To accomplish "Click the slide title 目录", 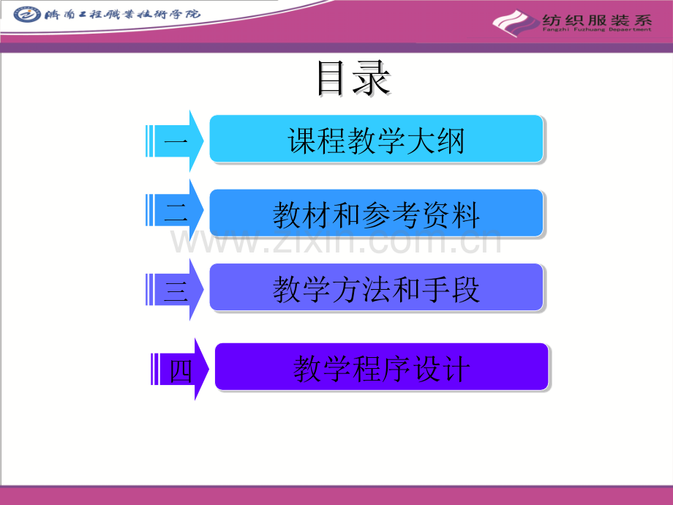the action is (x=353, y=78).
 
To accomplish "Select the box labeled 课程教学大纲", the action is (x=377, y=139).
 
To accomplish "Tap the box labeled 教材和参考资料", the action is (x=377, y=213).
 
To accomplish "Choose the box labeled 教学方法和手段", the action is (x=377, y=288).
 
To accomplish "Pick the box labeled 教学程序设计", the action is (x=382, y=367).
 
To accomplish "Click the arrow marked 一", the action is (x=175, y=141).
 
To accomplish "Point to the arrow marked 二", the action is (x=175, y=210).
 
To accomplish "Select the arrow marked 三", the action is (x=175, y=289).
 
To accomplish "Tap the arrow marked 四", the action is (x=180, y=370).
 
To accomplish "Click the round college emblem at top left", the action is (x=26, y=15).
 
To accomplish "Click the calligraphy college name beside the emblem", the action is (x=122, y=15).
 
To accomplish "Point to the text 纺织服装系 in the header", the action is (x=597, y=20).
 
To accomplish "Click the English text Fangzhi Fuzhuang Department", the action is (x=597, y=29).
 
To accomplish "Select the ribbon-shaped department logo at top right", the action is (x=516, y=23).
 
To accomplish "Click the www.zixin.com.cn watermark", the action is (x=336, y=241).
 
